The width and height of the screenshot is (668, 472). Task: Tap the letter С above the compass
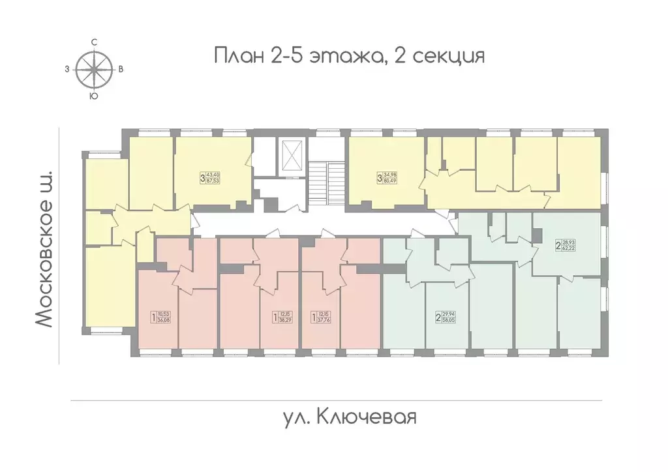(x=95, y=42)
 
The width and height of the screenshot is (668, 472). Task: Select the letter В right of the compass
(x=121, y=68)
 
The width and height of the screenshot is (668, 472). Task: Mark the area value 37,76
(x=323, y=320)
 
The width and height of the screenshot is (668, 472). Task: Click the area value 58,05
(x=448, y=320)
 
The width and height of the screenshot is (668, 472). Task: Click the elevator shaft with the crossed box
(x=291, y=156)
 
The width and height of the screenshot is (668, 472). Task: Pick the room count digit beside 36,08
(x=153, y=317)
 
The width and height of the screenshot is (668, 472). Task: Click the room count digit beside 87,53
(x=202, y=177)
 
